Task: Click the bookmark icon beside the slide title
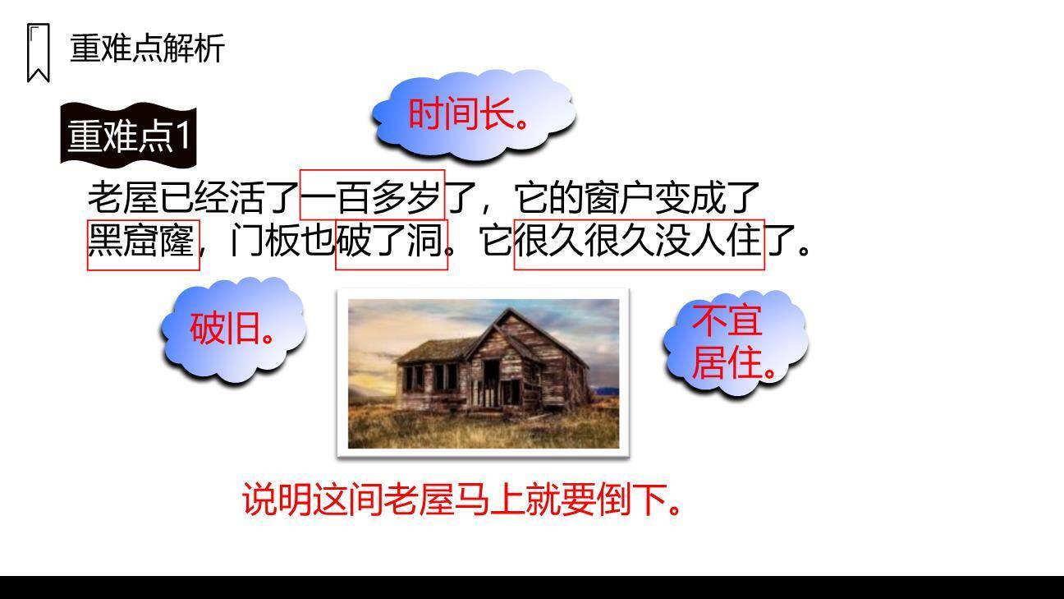[38, 53]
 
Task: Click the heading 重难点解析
[147, 48]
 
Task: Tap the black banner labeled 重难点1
[129, 135]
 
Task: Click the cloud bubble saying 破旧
[233, 329]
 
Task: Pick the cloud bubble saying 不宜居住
[733, 341]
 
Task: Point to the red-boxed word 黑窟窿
[142, 243]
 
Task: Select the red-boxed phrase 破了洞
[391, 243]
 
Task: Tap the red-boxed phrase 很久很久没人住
[639, 243]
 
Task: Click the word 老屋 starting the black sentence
[122, 197]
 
